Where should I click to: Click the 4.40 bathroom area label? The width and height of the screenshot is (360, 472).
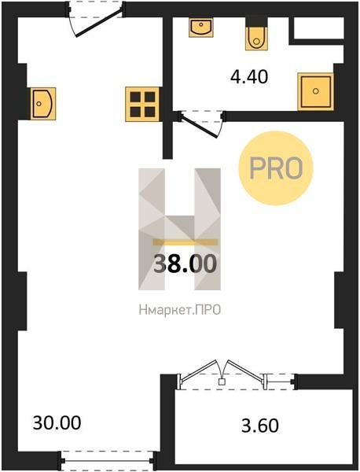pos(249,77)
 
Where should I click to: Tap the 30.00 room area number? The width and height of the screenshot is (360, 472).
pos(57,422)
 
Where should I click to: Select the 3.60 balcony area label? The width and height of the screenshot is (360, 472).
pos(260,426)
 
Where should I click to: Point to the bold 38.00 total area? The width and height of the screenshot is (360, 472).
pos(185,264)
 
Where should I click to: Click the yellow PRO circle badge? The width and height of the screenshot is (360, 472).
pos(275,168)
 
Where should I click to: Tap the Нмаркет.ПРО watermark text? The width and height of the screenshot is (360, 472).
pos(180,310)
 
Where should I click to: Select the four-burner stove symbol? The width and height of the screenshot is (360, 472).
pos(142,104)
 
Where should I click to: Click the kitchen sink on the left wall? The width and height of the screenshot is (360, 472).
pos(42,104)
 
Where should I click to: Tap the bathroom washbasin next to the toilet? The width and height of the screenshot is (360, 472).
pos(201,27)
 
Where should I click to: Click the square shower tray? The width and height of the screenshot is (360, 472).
pos(315,91)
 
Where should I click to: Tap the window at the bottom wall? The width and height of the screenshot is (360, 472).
pos(108,460)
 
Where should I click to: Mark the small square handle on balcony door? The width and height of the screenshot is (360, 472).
pos(222,382)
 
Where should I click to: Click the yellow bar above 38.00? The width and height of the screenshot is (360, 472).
pos(185,242)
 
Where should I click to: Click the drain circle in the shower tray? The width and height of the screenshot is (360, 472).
pos(315,91)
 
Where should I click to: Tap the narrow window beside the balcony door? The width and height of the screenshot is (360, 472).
pos(280,382)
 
